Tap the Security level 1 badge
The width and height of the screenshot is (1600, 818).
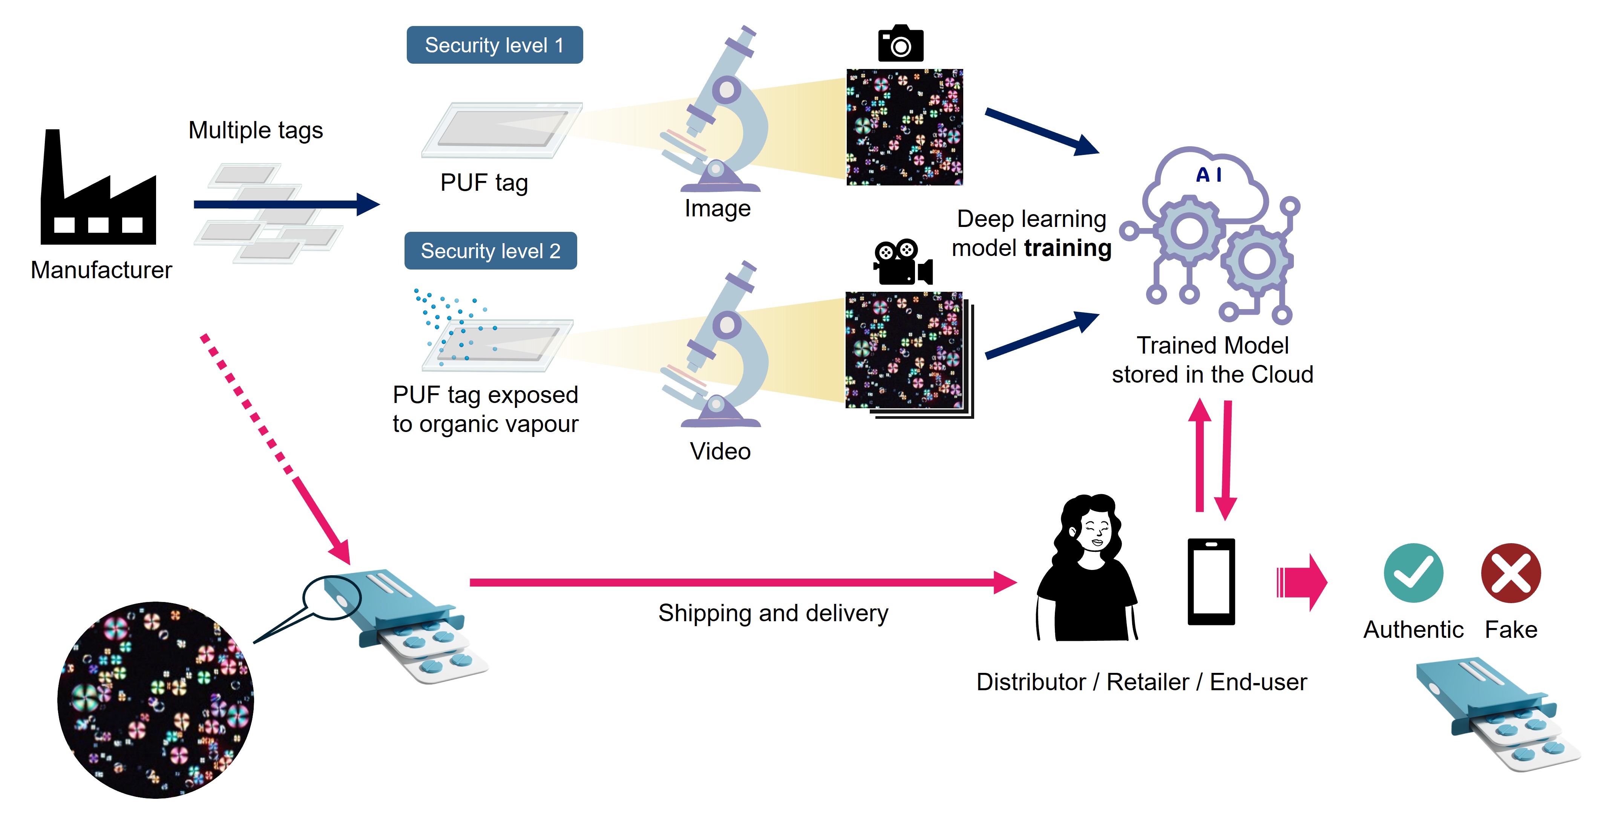click(494, 45)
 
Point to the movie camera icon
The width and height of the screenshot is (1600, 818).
click(902, 262)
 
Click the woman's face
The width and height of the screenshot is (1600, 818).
click(1094, 532)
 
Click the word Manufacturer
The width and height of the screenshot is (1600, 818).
click(101, 270)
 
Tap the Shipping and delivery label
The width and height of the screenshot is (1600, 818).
click(773, 613)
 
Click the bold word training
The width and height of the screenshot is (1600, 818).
click(1067, 248)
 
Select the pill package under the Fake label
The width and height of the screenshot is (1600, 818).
click(1497, 714)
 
